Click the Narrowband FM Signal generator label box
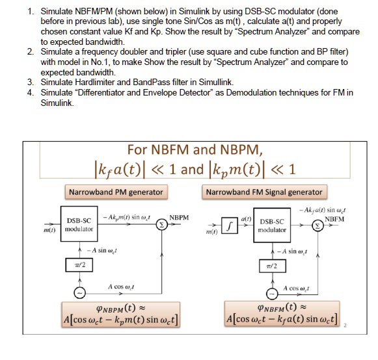coord(263,192)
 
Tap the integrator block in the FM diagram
coord(230,225)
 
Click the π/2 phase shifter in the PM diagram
coord(78,264)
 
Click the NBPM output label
coord(179,216)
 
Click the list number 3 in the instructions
coord(30,82)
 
